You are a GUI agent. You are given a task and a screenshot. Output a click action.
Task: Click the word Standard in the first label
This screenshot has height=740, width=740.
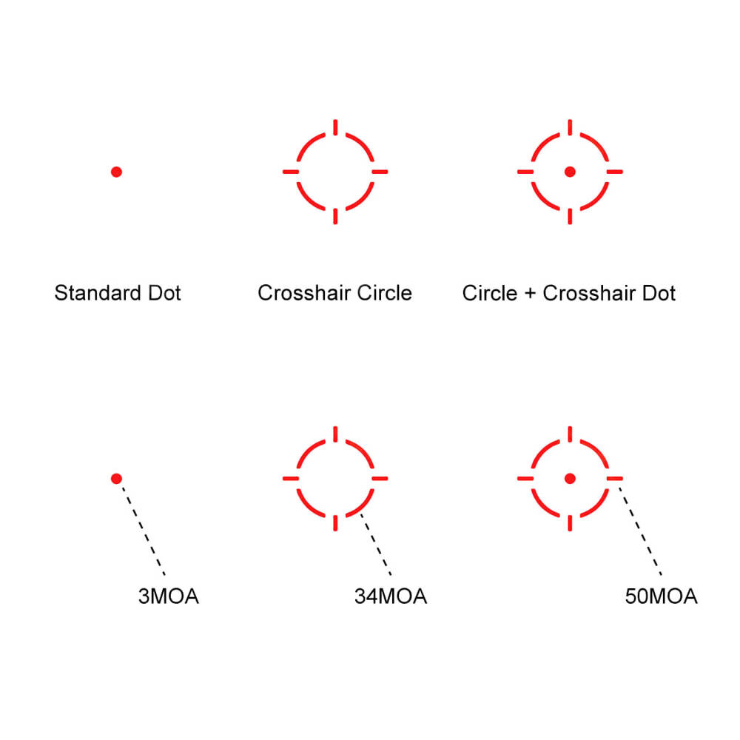[98, 293]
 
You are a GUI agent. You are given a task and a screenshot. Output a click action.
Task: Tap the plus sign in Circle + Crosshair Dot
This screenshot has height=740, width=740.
[530, 294]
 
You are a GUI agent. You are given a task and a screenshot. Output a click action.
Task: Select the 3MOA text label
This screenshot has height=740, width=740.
[169, 596]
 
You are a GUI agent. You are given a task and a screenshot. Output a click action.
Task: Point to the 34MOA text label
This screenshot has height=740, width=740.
[391, 596]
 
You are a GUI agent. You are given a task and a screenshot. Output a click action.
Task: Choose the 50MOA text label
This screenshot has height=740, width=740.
[661, 596]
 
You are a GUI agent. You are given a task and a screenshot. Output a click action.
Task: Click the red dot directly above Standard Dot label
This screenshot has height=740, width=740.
[117, 172]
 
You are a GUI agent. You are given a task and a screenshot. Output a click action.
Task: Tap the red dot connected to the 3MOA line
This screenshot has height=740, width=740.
[117, 479]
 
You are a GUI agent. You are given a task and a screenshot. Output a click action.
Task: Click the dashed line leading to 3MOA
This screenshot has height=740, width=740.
[144, 531]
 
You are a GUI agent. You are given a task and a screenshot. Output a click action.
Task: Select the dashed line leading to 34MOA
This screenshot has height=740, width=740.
[376, 544]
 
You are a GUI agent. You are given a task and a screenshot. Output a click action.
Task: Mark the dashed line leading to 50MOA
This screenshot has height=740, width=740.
[640, 531]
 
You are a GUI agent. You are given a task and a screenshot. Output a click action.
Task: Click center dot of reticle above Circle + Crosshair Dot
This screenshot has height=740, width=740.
[570, 172]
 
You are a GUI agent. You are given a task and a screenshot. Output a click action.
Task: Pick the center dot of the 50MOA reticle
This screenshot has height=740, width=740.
[570, 479]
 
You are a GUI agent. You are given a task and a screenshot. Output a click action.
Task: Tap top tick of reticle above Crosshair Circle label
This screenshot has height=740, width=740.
[335, 127]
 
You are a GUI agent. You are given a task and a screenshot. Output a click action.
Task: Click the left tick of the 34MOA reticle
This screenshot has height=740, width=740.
[291, 479]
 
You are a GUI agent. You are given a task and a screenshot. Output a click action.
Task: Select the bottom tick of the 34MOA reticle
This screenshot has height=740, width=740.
[335, 523]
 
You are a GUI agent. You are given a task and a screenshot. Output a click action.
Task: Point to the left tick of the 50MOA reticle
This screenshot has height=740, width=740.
[525, 479]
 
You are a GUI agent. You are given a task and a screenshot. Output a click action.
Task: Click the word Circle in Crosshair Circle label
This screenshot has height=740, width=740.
[385, 293]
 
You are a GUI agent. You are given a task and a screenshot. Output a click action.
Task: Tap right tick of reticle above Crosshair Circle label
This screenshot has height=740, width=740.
[380, 172]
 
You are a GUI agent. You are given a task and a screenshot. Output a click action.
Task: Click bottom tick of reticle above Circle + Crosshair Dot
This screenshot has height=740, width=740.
[570, 217]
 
